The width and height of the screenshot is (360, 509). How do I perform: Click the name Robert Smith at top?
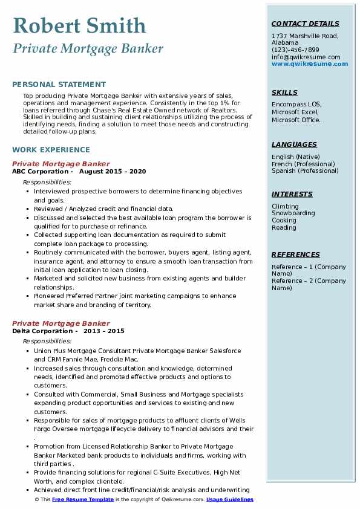[79, 25]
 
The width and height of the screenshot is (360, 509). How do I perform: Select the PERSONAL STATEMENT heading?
[59, 85]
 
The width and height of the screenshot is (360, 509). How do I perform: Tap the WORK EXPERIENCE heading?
[51, 150]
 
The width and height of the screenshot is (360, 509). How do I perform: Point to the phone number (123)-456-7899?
[295, 50]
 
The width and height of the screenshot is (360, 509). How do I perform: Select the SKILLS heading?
[284, 92]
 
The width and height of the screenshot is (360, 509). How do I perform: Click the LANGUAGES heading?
[294, 144]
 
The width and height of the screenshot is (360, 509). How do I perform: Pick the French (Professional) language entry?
[303, 164]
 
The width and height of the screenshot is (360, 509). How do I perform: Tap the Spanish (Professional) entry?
[305, 171]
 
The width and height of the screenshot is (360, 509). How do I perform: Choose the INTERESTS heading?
[292, 194]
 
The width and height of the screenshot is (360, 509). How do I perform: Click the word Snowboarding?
[293, 213]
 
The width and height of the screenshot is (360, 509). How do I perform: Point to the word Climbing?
[285, 206]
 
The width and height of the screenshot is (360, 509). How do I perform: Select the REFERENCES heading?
[295, 254]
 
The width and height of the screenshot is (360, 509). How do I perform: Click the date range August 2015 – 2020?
[113, 171]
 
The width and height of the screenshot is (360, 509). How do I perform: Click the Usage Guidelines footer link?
[230, 500]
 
